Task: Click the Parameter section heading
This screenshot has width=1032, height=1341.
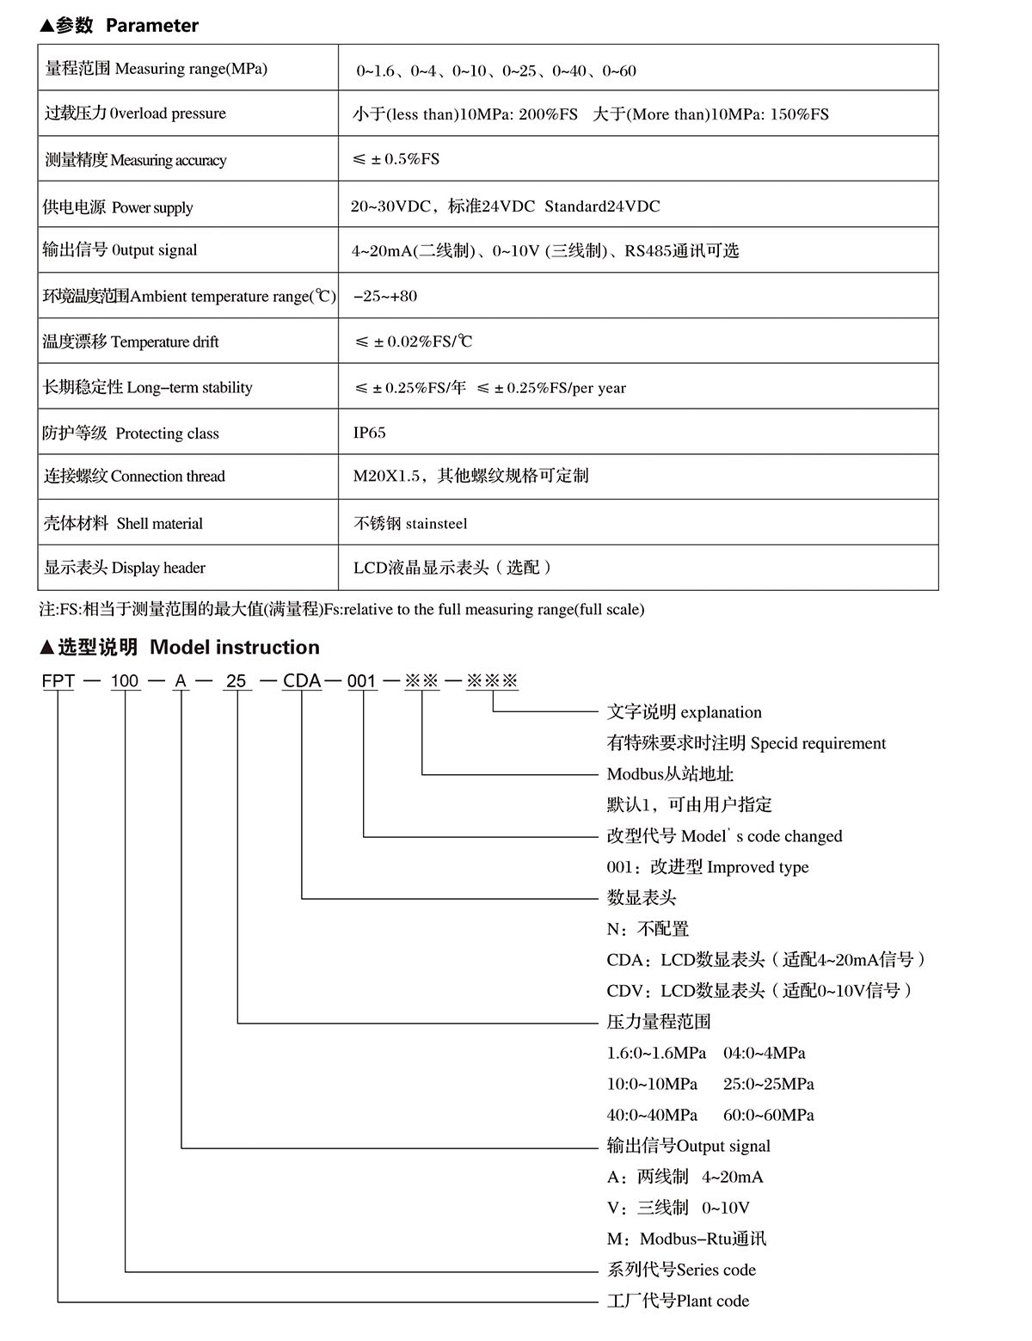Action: [119, 26]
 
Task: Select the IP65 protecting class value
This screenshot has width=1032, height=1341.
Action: [369, 433]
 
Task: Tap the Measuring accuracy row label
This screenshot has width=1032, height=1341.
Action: [136, 160]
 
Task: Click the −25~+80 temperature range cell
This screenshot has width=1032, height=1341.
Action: [385, 296]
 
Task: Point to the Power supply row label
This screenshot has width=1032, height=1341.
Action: [118, 206]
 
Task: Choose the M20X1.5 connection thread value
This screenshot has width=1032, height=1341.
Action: [470, 476]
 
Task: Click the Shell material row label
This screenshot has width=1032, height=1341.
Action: [124, 523]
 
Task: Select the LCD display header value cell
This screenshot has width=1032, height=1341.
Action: [453, 568]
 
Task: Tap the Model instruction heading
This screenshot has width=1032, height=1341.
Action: [180, 647]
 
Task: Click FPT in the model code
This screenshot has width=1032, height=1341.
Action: [58, 681]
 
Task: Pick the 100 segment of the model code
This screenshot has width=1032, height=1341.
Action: [125, 681]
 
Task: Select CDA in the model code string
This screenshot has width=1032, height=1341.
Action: [302, 681]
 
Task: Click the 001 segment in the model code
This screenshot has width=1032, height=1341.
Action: [362, 681]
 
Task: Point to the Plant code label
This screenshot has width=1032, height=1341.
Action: [678, 1301]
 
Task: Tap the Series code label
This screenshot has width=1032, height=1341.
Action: [681, 1270]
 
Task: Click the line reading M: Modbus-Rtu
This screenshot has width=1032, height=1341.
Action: [686, 1239]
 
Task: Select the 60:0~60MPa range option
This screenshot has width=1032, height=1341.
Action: [768, 1115]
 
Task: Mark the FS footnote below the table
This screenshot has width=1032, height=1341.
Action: [341, 610]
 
